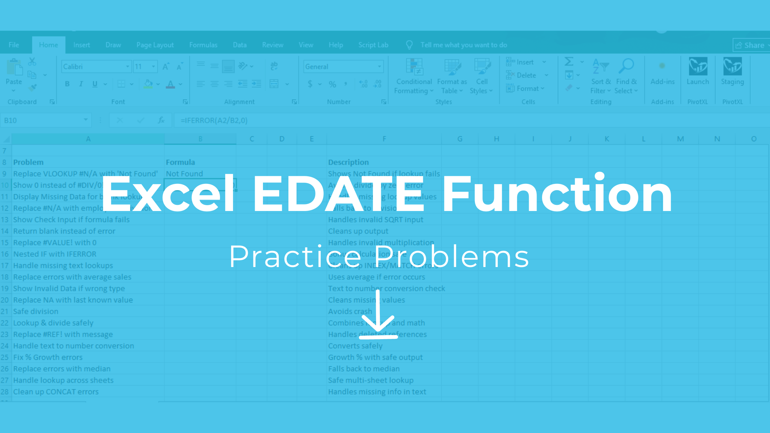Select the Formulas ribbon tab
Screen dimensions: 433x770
click(x=203, y=45)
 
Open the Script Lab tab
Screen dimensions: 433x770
click(x=373, y=45)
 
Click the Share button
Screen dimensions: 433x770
click(x=751, y=45)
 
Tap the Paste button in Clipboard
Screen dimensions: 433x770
click(x=14, y=74)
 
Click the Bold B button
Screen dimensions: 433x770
click(x=67, y=84)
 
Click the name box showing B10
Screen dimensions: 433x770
click(x=41, y=120)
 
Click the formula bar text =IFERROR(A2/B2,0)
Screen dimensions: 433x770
click(x=214, y=120)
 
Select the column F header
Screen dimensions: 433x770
click(x=384, y=139)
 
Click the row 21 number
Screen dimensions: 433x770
click(x=5, y=311)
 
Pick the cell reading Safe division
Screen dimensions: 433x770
click(x=36, y=311)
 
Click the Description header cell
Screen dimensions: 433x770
click(x=348, y=162)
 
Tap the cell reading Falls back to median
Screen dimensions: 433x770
click(x=364, y=369)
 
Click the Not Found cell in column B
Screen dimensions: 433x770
click(x=185, y=174)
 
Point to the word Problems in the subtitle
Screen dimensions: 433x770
click(x=452, y=257)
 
